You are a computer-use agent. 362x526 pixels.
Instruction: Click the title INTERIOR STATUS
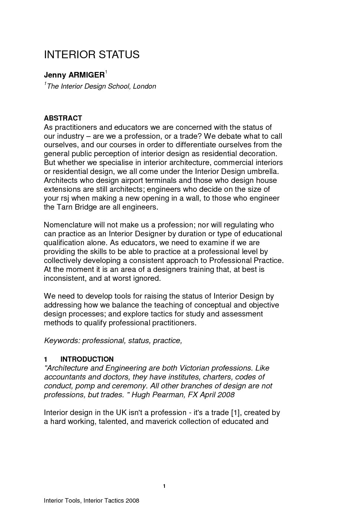pos(91,55)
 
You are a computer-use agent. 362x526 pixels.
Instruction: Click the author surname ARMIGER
pos(87,75)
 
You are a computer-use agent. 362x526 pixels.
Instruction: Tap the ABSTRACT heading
pos(63,118)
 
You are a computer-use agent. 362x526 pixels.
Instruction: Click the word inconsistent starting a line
pos(64,278)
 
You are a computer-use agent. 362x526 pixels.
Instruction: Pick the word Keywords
pos(61,341)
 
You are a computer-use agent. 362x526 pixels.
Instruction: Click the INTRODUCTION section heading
pos(87,359)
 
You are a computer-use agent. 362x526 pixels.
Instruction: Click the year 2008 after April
pos(226,395)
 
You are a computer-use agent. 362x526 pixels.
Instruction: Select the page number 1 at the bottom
pos(164,486)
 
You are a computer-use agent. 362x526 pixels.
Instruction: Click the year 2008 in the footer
pos(133,501)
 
